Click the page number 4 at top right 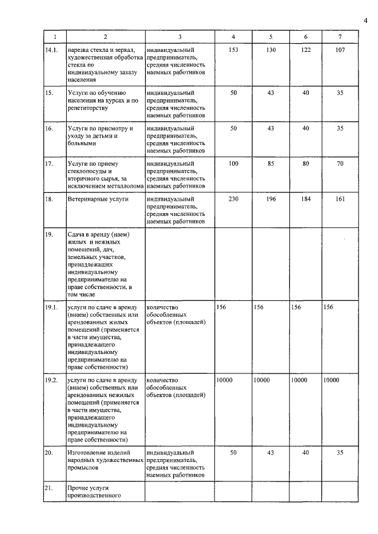(365, 21)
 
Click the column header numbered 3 (179, 37)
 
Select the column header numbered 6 (305, 37)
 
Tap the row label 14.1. (52, 50)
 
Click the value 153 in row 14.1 (233, 50)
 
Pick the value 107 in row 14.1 (340, 50)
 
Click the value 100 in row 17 (233, 163)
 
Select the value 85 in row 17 (271, 163)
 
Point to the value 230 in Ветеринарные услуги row (233, 200)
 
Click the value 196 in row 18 (271, 200)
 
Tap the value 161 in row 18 (340, 200)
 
